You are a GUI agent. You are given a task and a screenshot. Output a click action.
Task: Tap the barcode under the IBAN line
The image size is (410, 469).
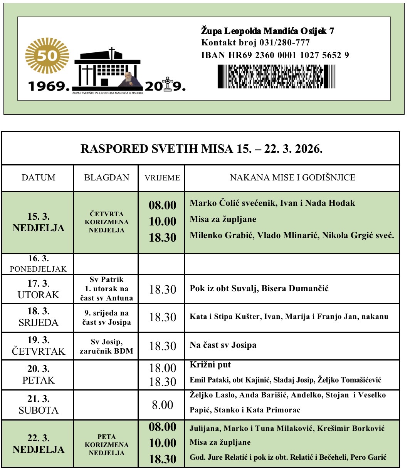(x=276, y=77)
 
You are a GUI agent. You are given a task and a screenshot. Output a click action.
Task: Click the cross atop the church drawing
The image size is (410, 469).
(x=112, y=52)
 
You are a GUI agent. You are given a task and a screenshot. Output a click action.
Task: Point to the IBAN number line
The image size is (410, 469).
(x=275, y=55)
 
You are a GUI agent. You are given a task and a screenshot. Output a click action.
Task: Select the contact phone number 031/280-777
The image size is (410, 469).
(x=286, y=43)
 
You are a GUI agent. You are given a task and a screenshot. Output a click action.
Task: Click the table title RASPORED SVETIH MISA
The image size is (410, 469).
(x=201, y=149)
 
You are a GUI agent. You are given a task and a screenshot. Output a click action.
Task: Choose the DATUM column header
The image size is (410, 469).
(x=38, y=177)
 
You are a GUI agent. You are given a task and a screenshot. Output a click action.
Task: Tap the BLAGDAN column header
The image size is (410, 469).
(x=106, y=177)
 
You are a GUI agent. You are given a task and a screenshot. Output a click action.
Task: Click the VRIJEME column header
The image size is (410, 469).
(x=162, y=178)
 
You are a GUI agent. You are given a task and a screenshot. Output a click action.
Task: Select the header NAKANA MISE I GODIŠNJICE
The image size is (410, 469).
(x=292, y=177)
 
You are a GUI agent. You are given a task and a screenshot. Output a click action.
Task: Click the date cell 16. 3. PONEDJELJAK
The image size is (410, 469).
(x=38, y=264)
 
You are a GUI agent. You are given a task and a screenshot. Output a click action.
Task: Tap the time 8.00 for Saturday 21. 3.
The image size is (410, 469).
(x=162, y=405)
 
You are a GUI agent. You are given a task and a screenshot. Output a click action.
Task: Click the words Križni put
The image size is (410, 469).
(x=210, y=365)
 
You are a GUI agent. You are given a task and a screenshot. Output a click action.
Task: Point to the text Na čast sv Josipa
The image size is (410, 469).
(x=223, y=345)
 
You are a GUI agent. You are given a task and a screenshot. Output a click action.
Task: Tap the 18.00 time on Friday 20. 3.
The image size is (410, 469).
(x=162, y=368)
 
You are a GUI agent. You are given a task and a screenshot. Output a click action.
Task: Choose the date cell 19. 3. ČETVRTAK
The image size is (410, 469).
(x=38, y=345)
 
